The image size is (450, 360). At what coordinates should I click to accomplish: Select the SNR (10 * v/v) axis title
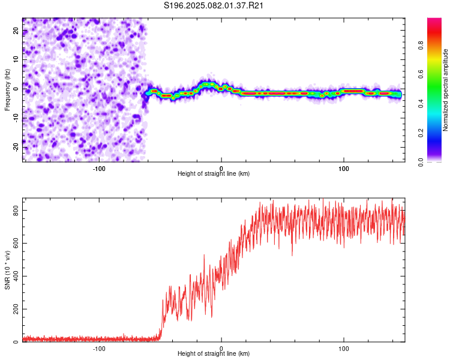[7, 269]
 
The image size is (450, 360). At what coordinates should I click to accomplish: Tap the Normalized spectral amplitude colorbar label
[446, 90]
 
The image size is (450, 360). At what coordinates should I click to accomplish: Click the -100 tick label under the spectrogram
[99, 168]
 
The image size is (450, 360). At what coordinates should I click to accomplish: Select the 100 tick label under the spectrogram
[344, 168]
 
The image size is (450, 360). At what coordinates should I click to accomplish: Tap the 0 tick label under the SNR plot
[221, 348]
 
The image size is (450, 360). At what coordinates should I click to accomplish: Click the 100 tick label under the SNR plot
[344, 348]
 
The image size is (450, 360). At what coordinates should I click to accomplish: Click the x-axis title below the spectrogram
[214, 174]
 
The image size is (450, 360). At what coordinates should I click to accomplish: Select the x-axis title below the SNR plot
[214, 355]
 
